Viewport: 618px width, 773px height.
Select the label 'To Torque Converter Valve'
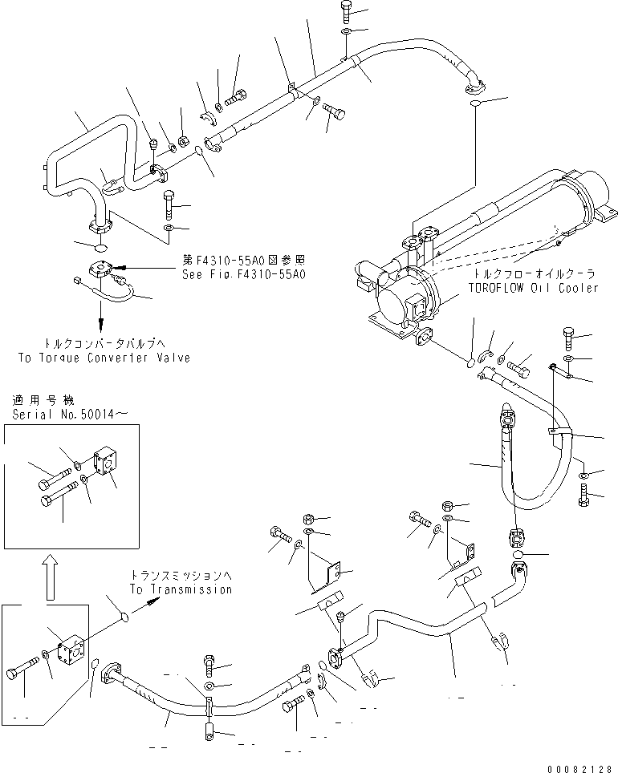pos(104,358)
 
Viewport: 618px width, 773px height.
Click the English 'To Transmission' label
pos(181,589)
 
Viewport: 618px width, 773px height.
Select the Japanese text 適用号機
pos(38,399)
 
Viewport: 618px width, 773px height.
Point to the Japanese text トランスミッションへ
pos(181,576)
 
